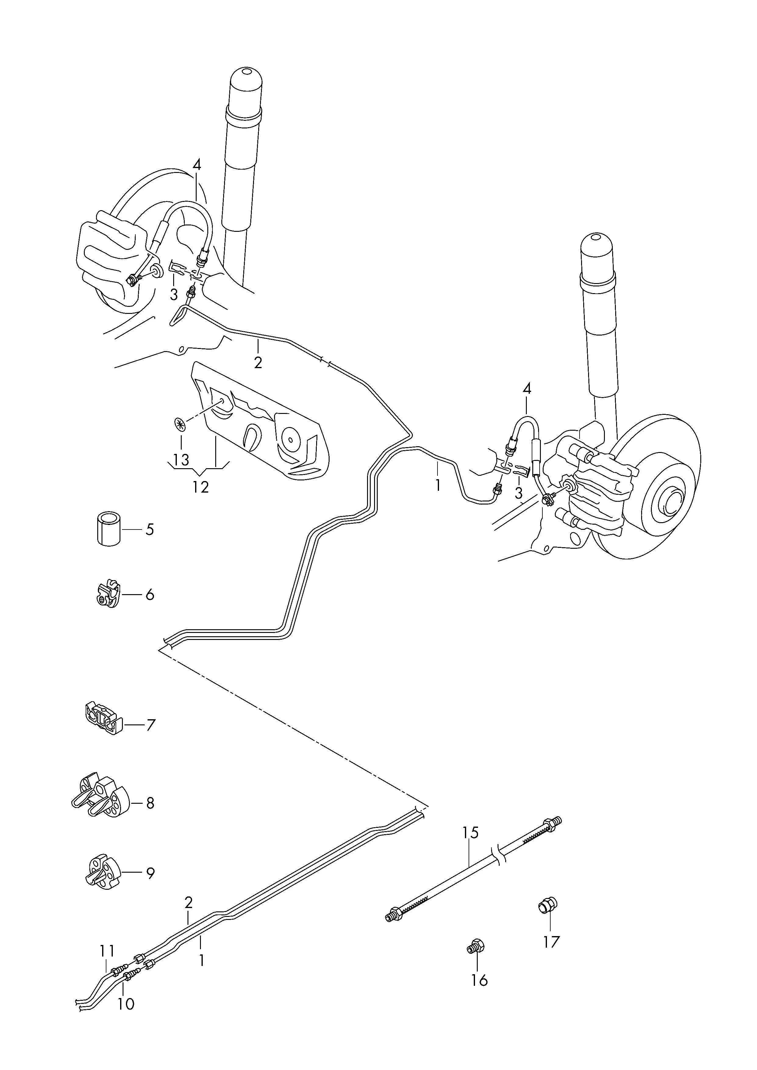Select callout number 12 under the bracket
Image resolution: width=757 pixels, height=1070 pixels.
(x=200, y=487)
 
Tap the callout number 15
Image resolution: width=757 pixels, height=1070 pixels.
(x=471, y=832)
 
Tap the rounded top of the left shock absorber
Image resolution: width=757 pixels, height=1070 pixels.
(x=246, y=81)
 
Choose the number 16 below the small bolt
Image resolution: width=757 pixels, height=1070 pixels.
(x=479, y=981)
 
